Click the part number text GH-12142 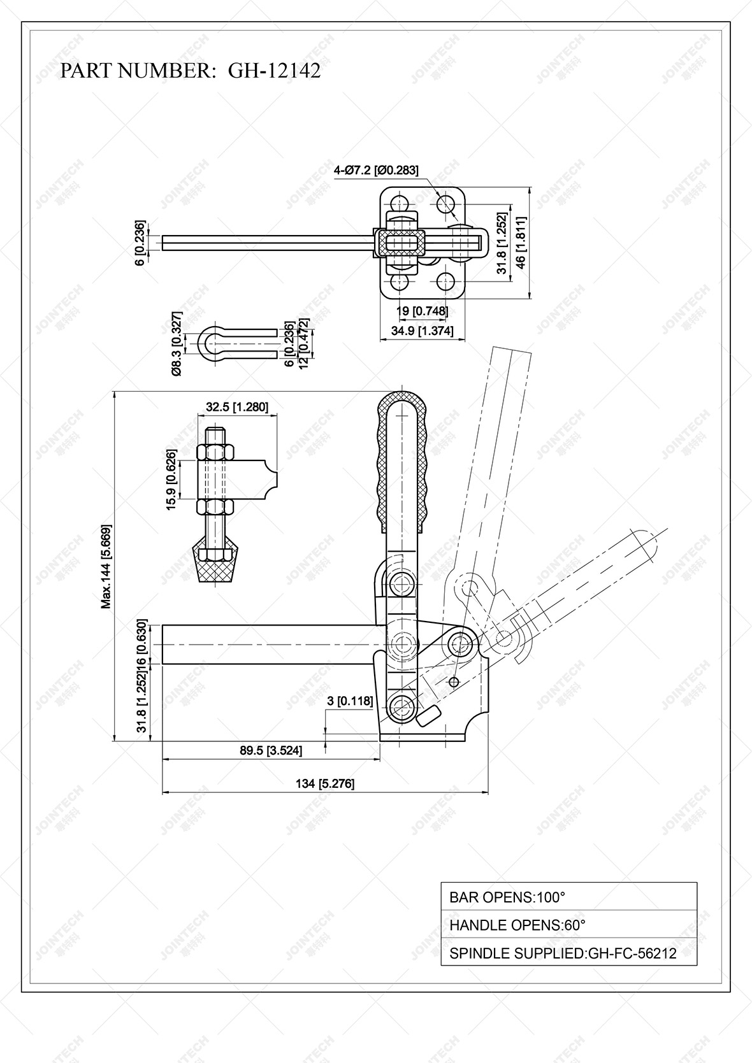274,71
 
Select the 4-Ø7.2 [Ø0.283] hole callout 376,170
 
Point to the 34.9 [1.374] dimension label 422,331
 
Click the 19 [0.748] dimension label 422,311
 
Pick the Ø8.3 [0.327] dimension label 177,343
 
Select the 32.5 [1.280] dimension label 237,407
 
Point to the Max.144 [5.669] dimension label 106,567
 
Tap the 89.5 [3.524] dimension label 271,750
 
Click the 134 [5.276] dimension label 325,783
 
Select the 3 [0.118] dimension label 349,701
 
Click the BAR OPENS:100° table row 568,897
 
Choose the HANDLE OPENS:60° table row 568,925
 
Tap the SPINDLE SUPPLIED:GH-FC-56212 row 568,953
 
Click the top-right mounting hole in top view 445,204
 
